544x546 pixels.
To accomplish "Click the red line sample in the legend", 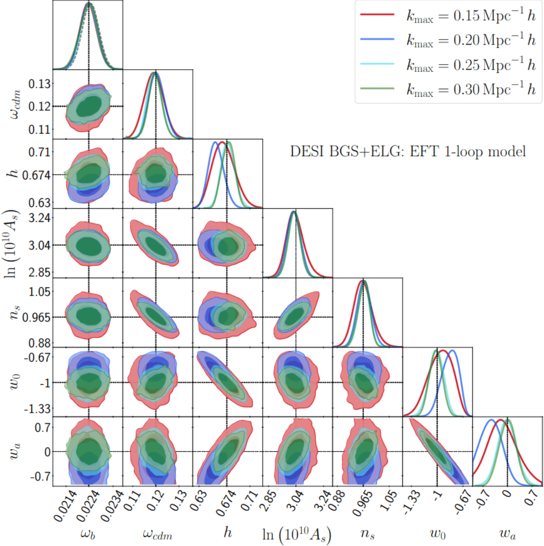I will [x=379, y=16].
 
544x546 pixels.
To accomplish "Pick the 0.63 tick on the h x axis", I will [x=197, y=501].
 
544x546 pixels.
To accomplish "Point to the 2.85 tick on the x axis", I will [x=267, y=501].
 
